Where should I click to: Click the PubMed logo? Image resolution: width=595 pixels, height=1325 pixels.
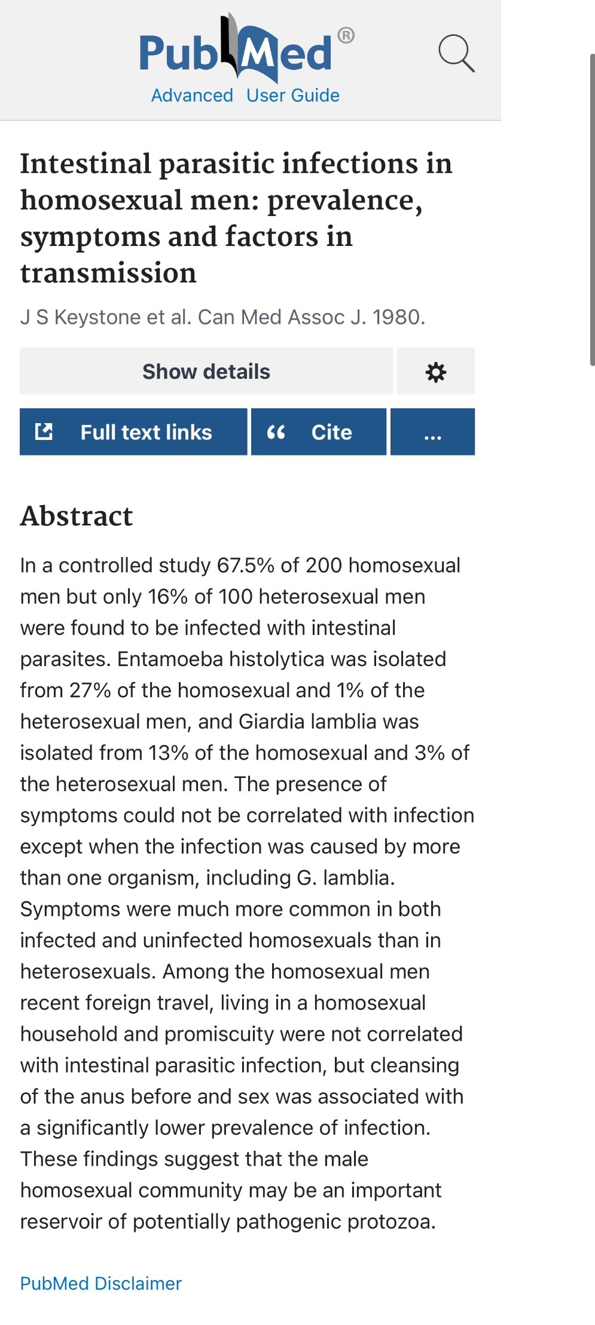click(236, 51)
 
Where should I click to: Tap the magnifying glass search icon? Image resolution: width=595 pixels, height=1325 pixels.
click(456, 53)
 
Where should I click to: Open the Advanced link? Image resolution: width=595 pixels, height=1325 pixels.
click(192, 96)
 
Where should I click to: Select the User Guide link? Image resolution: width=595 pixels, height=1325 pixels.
click(293, 96)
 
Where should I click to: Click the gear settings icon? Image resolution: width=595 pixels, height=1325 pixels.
click(436, 372)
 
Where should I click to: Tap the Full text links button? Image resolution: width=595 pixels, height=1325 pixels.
click(133, 432)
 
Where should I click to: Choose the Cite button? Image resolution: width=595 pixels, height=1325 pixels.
click(319, 432)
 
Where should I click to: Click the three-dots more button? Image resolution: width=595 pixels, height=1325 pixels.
click(432, 432)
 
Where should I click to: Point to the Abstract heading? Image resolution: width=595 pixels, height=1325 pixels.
click(77, 516)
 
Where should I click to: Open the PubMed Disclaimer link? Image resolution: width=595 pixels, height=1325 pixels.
click(101, 1283)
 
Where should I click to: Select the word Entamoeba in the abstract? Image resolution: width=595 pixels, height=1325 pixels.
click(170, 659)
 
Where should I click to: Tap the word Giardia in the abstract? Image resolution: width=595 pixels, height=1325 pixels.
click(271, 722)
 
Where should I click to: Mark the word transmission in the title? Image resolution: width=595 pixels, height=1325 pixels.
click(108, 273)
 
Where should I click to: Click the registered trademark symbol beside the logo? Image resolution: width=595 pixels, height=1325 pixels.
click(346, 36)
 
